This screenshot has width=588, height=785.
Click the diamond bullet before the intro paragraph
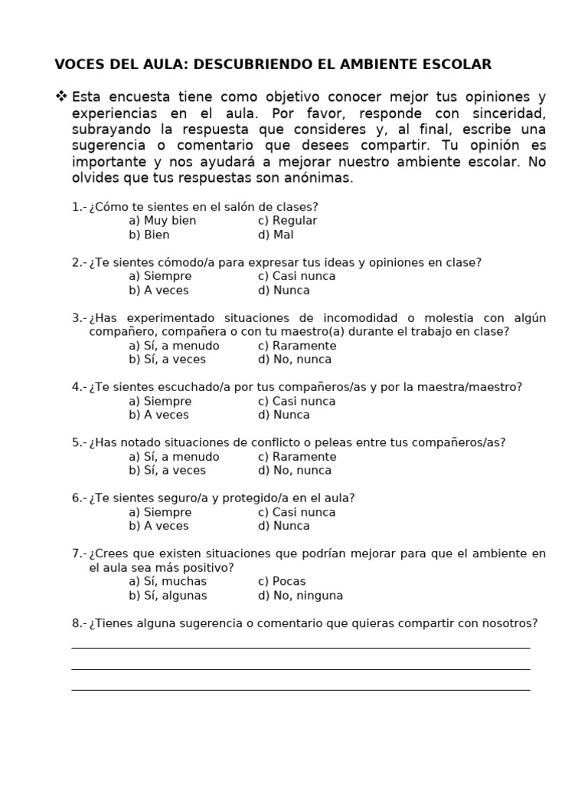(x=61, y=97)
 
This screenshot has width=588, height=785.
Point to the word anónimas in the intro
(x=322, y=178)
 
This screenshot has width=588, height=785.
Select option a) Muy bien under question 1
(x=162, y=221)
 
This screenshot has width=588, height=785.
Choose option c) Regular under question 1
(x=287, y=221)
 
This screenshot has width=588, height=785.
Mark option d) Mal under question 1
(x=276, y=235)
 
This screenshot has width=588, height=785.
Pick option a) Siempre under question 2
(x=160, y=276)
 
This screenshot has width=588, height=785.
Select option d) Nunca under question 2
(x=284, y=290)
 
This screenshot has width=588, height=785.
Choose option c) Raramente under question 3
(x=297, y=346)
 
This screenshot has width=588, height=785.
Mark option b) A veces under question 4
(x=158, y=415)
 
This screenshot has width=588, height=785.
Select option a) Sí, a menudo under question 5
(x=174, y=457)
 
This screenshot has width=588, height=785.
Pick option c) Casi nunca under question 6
(x=297, y=512)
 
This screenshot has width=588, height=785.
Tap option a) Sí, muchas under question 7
(x=168, y=581)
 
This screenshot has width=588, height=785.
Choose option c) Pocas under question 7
(x=282, y=581)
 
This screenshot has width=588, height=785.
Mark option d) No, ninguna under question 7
(x=300, y=596)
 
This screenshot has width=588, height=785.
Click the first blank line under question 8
(x=300, y=647)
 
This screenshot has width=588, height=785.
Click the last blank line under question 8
(x=300, y=689)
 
